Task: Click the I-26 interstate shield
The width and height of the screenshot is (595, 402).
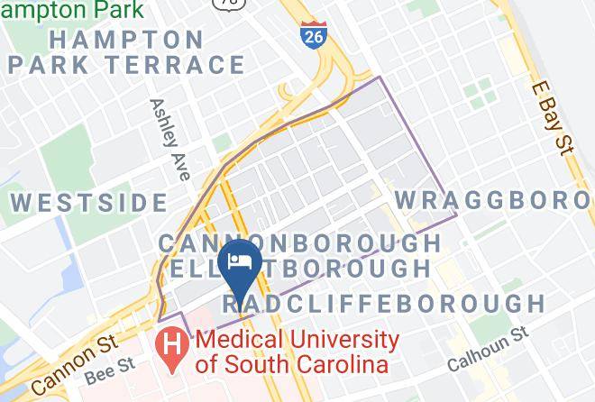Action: pos(312,34)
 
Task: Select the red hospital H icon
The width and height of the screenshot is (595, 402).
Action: pos(170,346)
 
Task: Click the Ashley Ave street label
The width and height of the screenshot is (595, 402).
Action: pos(169,140)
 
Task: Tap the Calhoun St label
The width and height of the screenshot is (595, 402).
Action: pos(488,351)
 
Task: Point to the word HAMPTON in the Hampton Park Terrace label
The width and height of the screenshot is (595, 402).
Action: pos(126,40)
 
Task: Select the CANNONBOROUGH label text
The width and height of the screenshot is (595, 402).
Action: pos(300,243)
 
